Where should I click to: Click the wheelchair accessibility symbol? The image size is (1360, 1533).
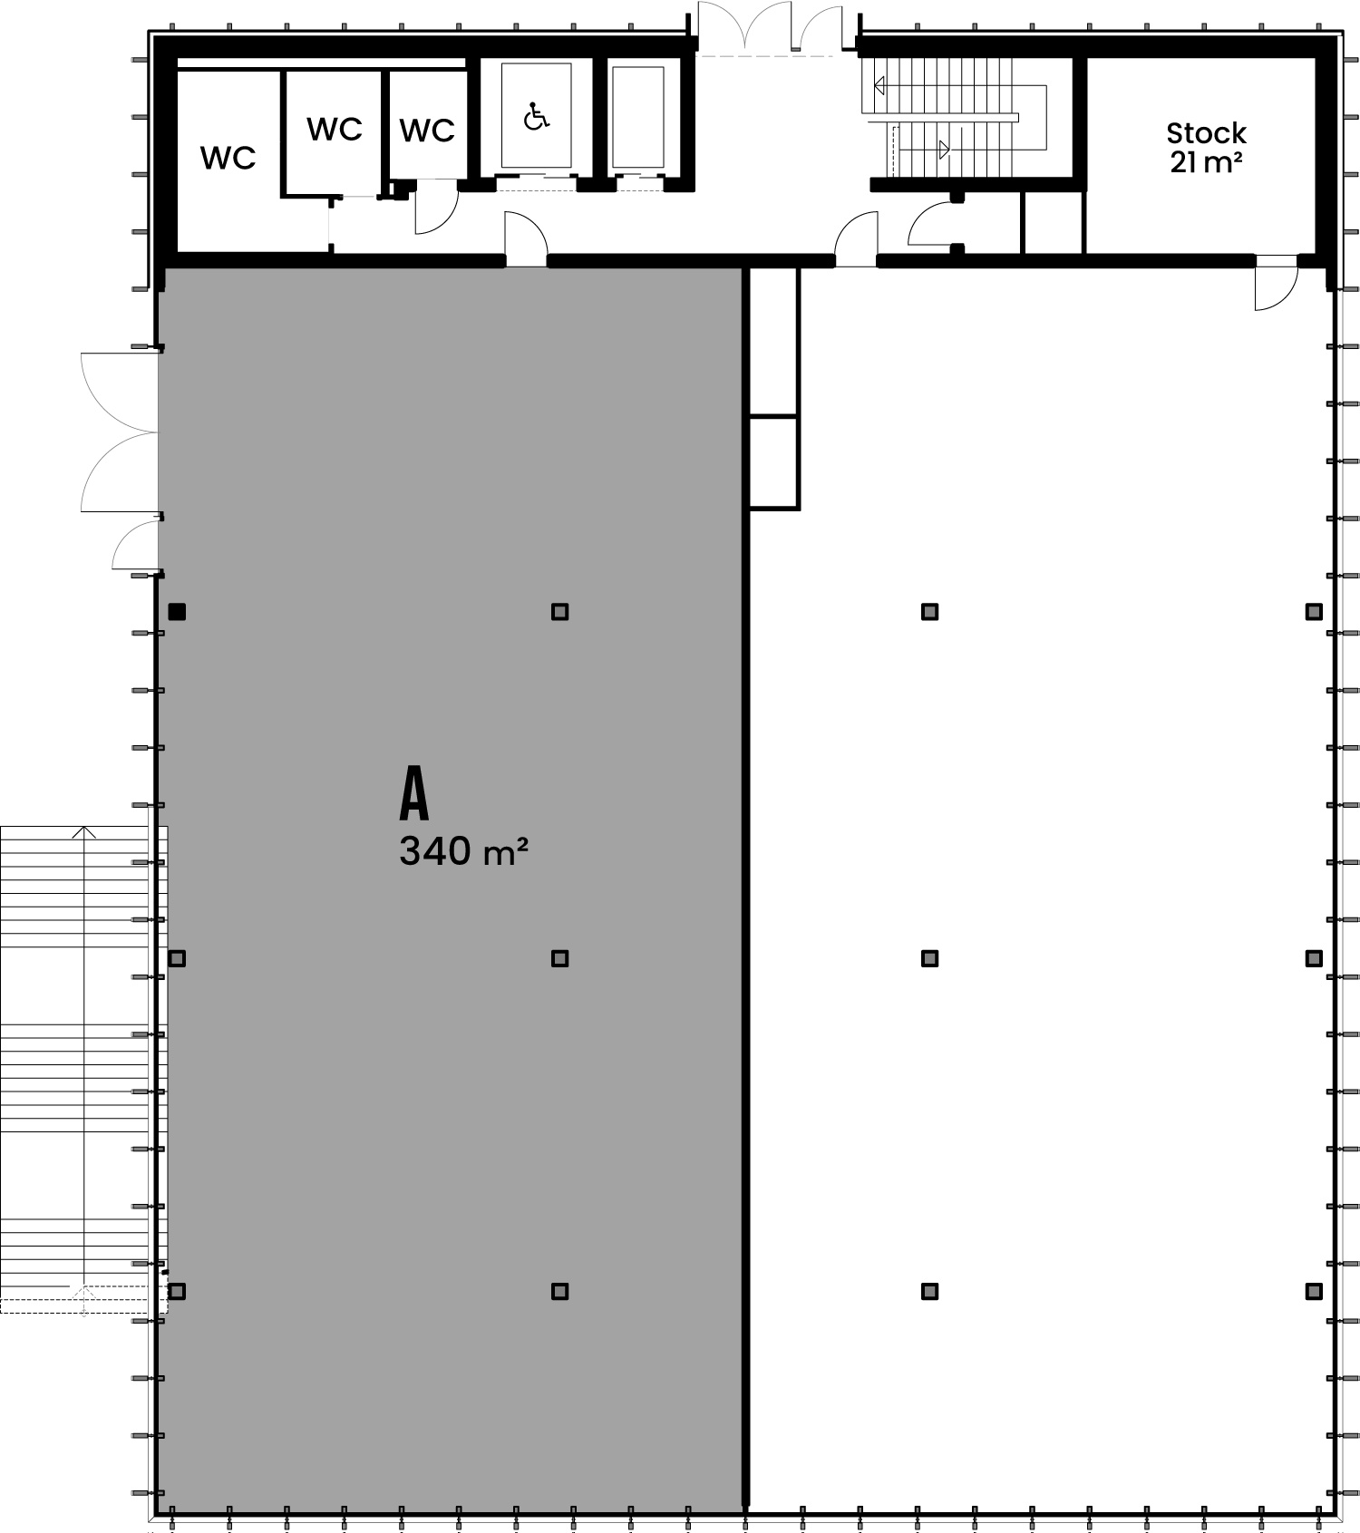click(x=537, y=116)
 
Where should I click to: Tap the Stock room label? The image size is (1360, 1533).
click(x=1206, y=133)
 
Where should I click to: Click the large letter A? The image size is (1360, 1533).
click(x=414, y=795)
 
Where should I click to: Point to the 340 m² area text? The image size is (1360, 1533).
click(x=463, y=851)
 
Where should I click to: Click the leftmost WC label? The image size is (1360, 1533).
click(x=228, y=158)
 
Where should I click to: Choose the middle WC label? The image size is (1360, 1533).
click(x=335, y=130)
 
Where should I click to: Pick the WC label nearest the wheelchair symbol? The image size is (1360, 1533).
click(x=427, y=131)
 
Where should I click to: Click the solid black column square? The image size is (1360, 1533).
click(x=177, y=612)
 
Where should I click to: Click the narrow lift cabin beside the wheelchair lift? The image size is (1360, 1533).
click(x=638, y=118)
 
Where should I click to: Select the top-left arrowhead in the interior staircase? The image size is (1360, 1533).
click(x=879, y=86)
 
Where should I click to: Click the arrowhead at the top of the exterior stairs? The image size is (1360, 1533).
click(x=84, y=831)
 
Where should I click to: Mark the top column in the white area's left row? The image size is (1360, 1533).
click(x=929, y=612)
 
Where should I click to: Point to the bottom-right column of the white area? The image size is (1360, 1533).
click(x=1314, y=1291)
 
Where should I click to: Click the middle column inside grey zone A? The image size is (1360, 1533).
click(x=560, y=958)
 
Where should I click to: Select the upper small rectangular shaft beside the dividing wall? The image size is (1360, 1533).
click(x=774, y=343)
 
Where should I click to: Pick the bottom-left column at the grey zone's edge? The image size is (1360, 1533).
click(x=177, y=1291)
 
